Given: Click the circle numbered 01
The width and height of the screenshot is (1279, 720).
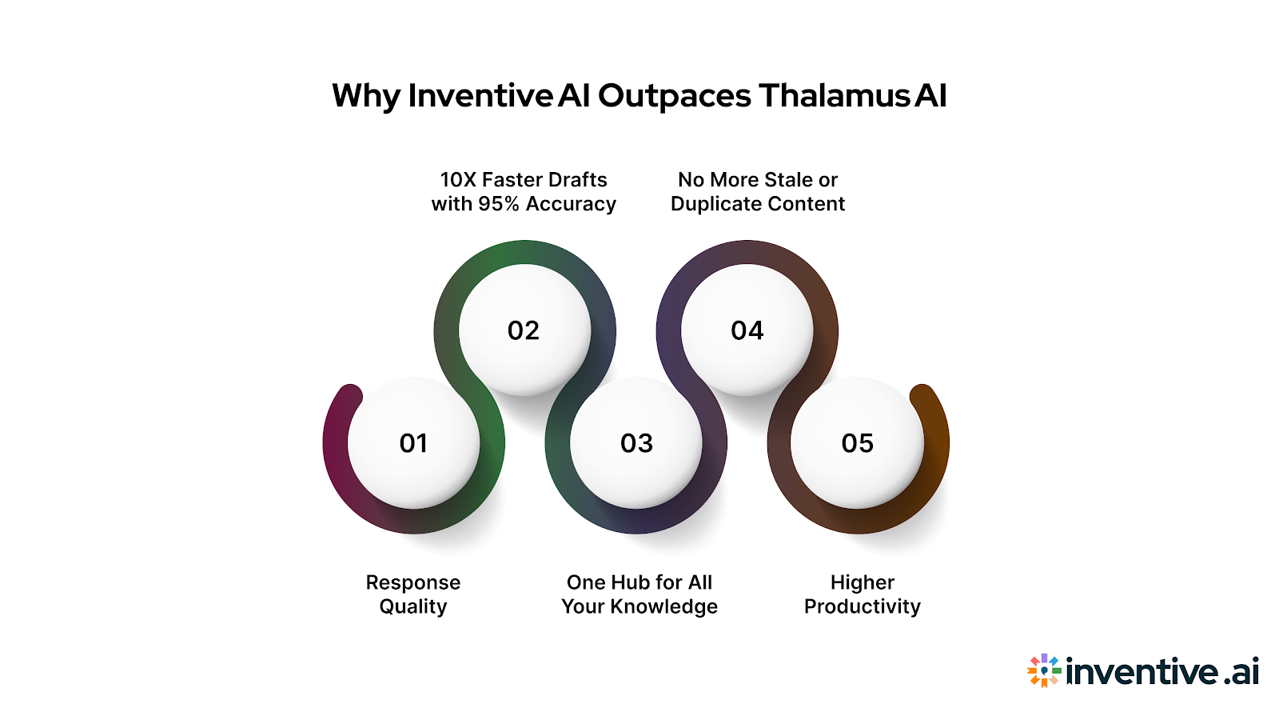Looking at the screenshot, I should pos(413,442).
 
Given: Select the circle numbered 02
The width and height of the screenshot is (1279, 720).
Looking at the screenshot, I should pos(524,330).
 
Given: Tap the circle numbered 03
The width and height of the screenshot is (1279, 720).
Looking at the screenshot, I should pos(636,442).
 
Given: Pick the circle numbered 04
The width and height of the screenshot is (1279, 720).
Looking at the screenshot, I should pos(747,330).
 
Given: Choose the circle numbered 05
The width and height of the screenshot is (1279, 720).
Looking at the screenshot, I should pos(857,442).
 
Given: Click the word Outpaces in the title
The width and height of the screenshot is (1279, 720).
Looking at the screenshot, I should pos(675,96).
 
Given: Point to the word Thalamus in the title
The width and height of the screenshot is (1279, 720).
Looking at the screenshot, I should pos(834,96).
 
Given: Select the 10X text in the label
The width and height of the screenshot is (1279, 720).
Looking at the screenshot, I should pos(458,180).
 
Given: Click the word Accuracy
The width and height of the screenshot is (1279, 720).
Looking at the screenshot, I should pos(571,205).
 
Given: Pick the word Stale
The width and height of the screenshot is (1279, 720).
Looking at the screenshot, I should pos(788,180).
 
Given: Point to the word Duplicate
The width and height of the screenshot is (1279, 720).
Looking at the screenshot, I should pos(713,205).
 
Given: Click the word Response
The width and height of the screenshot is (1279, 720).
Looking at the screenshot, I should pos(413,582).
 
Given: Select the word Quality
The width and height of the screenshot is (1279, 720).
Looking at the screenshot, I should pos(413,607).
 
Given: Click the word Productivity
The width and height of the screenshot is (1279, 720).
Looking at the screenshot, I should pos(863,607).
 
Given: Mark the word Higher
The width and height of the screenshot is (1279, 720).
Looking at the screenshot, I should pos(863,582).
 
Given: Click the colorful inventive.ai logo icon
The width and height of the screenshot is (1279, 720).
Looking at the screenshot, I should pos(1044,670).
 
